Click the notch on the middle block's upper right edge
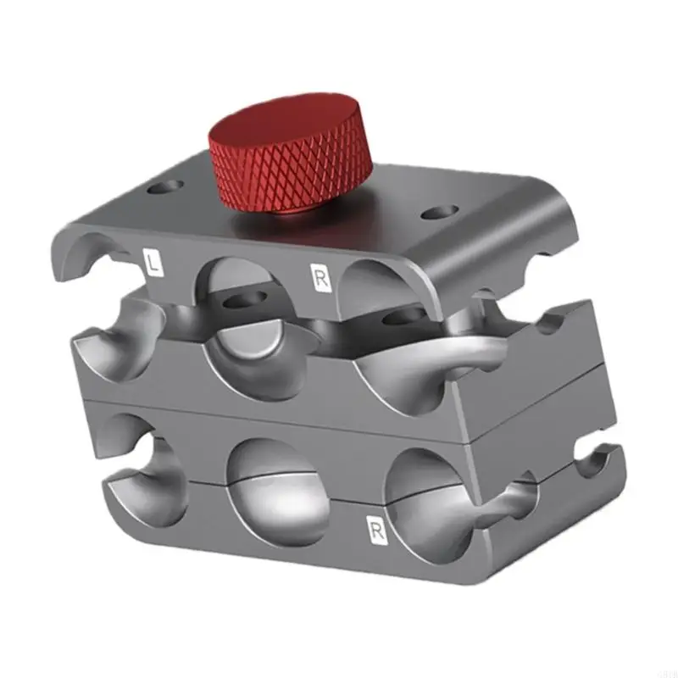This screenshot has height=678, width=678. tap(555, 325)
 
